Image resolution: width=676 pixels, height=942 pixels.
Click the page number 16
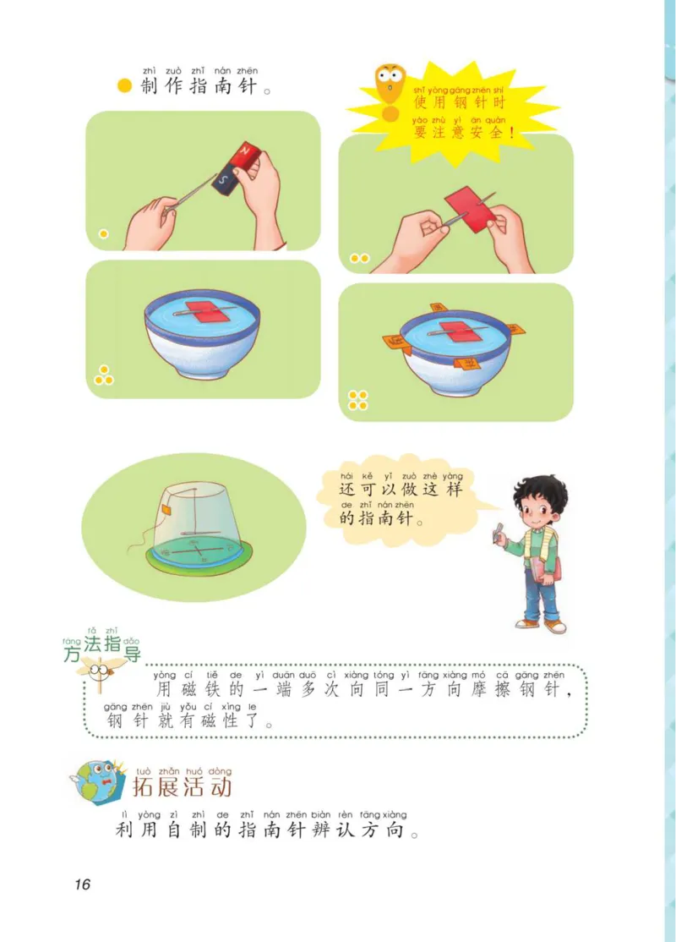click(x=81, y=884)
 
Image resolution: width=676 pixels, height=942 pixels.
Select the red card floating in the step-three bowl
click(x=203, y=311)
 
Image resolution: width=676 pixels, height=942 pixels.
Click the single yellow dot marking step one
click(x=103, y=234)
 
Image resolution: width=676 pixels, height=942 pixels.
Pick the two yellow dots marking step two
click(x=359, y=258)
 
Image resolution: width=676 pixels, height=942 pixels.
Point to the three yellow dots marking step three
click(x=104, y=375)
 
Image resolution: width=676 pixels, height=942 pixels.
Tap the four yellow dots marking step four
click(x=357, y=399)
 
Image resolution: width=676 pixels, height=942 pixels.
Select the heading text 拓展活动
click(x=181, y=788)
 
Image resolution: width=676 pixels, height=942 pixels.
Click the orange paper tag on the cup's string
click(x=168, y=511)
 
